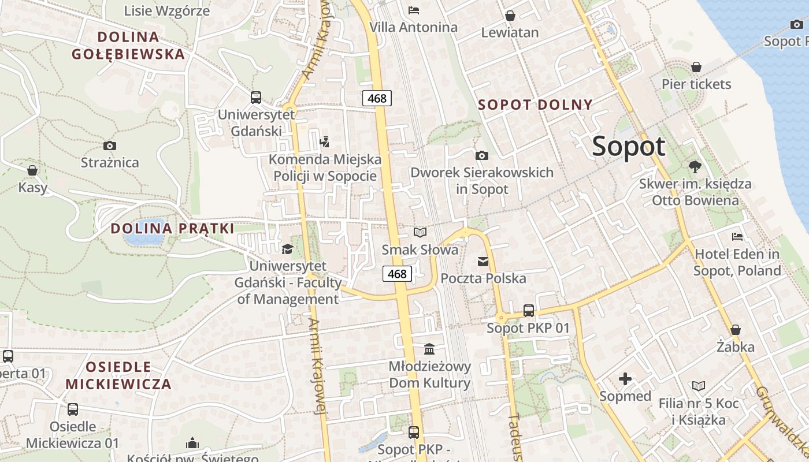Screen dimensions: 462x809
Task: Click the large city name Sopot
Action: coord(629,146)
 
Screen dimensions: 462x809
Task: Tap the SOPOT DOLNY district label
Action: coord(536,105)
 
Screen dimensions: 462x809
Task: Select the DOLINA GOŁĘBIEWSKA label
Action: coord(128,46)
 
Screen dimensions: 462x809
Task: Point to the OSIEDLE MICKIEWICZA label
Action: coord(118,375)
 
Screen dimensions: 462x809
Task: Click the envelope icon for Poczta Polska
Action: coord(483,262)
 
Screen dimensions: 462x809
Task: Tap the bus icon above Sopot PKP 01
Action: coord(528,311)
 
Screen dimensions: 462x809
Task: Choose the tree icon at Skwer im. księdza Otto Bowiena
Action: coord(695,167)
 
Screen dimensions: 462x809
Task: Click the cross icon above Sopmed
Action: coord(625,379)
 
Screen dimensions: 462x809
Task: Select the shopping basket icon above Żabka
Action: coord(736,330)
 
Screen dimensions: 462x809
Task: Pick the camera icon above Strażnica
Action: coord(109,146)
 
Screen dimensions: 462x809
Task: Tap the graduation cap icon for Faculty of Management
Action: coord(287,249)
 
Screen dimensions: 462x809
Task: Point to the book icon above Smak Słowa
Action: coord(420,232)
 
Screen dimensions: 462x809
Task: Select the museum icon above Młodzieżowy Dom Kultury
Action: coord(429,349)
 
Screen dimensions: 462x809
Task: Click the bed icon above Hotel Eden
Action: coord(737,236)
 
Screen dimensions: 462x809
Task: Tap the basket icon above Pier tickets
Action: coord(696,67)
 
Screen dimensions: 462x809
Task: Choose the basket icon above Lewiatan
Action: coord(510,16)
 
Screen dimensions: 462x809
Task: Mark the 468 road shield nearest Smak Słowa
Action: coord(397,274)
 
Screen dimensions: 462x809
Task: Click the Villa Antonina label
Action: coord(413,27)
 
